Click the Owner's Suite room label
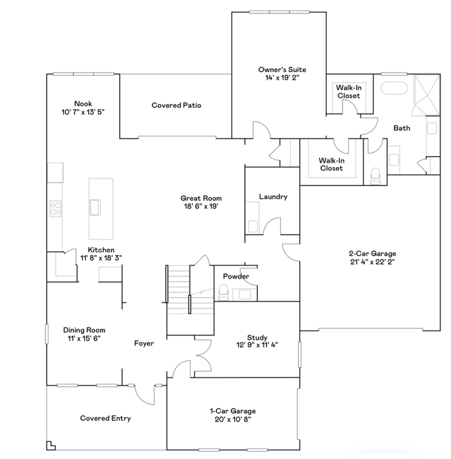[282, 69]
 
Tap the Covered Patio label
[176, 105]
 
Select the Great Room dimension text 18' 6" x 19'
[201, 207]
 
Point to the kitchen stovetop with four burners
[55, 208]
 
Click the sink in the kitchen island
[95, 207]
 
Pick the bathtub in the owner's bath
[394, 88]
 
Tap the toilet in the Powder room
[223, 292]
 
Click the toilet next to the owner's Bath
[375, 176]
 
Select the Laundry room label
[273, 197]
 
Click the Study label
[257, 337]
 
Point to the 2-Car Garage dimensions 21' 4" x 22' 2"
[373, 262]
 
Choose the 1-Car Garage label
[233, 411]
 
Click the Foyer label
[144, 343]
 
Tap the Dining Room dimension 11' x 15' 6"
[84, 339]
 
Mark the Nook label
[83, 104]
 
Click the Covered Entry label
[105, 418]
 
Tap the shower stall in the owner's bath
[427, 95]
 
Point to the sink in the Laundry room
[253, 226]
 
